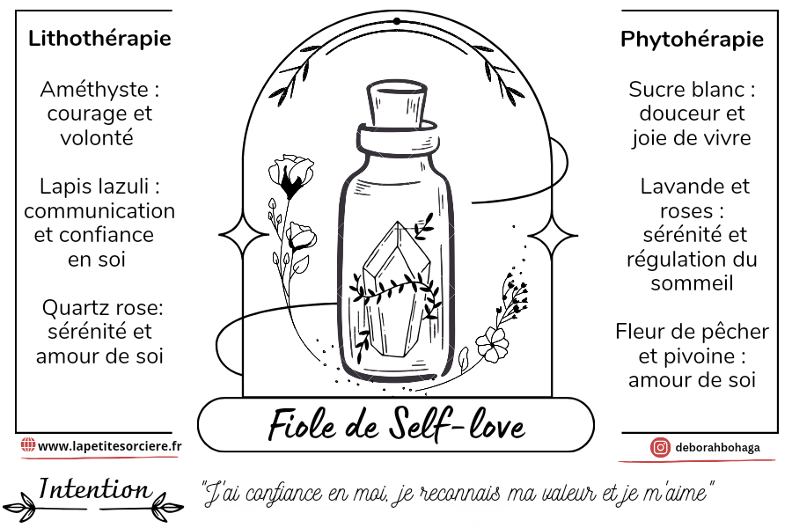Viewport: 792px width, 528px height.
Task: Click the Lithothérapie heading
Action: click(99, 39)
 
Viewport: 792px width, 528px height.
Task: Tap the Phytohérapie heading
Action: click(692, 40)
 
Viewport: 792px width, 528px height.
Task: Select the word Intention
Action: click(94, 489)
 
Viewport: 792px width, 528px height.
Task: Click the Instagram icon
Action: click(660, 447)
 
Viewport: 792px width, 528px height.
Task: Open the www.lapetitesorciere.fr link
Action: click(110, 446)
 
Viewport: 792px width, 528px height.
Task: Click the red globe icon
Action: click(27, 446)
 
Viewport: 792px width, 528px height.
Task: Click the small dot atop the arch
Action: click(396, 20)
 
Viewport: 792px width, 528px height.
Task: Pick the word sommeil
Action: click(692, 283)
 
